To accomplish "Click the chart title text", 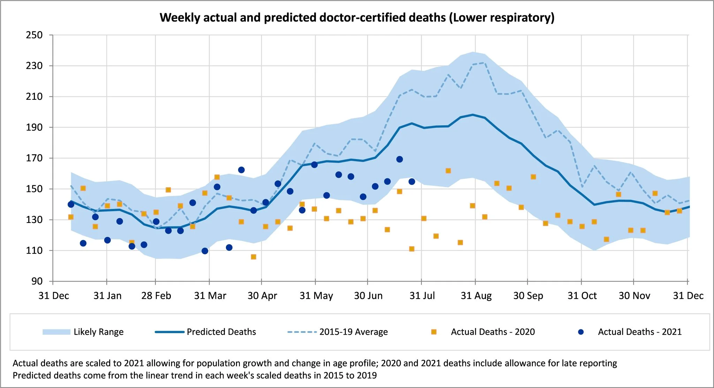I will (357, 17).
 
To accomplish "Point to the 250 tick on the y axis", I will (34, 35).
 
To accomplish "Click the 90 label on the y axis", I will (37, 281).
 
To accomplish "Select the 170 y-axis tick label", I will (34, 158).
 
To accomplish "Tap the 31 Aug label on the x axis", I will (476, 296).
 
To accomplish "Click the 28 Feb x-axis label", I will (156, 296).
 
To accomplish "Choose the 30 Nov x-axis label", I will (634, 296).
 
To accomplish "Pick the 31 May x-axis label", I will (316, 296).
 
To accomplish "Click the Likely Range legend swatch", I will (56, 332).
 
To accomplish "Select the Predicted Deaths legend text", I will (221, 332).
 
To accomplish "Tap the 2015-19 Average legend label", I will (354, 332).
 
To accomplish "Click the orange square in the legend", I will (434, 332).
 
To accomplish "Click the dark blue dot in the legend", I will (581, 332).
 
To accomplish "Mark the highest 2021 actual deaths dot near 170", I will (400, 159).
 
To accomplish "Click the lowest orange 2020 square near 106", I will (253, 257).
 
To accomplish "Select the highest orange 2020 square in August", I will (448, 171).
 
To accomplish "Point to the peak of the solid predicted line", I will (473, 114).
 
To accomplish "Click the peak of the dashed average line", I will (484, 63).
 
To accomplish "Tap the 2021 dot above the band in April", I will (241, 170).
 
